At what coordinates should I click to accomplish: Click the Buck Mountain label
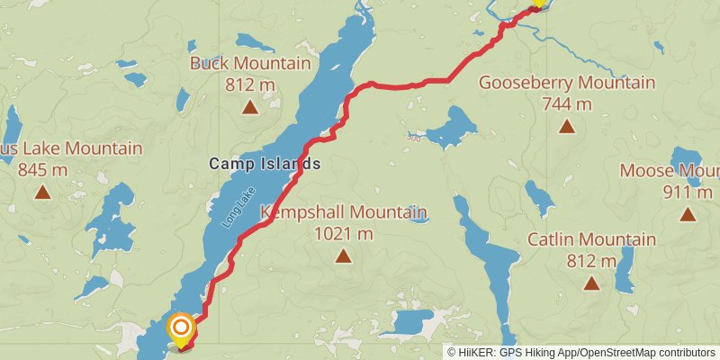pyautogui.click(x=249, y=64)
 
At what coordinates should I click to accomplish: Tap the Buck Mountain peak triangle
pyautogui.click(x=249, y=108)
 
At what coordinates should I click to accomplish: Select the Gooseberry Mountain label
pyautogui.click(x=566, y=83)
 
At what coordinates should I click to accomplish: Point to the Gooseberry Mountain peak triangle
pyautogui.click(x=566, y=126)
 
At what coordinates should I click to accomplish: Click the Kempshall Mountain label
pyautogui.click(x=343, y=213)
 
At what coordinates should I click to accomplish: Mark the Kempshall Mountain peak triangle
pyautogui.click(x=343, y=256)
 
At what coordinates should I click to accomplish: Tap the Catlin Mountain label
pyautogui.click(x=591, y=239)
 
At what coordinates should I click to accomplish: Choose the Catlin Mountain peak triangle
pyautogui.click(x=591, y=283)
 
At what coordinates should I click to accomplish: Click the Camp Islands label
pyautogui.click(x=265, y=164)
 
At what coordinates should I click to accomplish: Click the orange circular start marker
pyautogui.click(x=181, y=327)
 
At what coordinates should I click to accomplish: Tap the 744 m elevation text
pyautogui.click(x=566, y=103)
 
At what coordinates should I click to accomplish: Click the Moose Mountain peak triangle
pyautogui.click(x=688, y=213)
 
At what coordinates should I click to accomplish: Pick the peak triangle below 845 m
pyautogui.click(x=42, y=191)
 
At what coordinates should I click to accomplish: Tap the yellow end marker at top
pyautogui.click(x=538, y=3)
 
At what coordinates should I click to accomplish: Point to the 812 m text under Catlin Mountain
pyautogui.click(x=591, y=261)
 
